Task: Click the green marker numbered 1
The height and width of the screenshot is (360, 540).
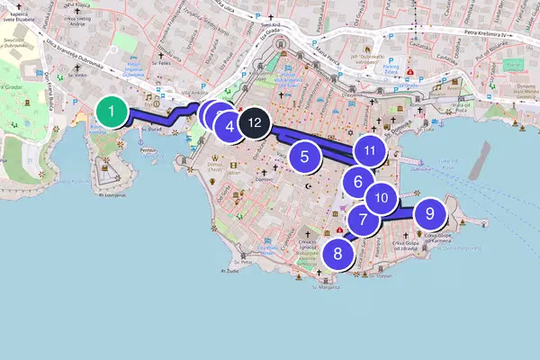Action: point(111,112)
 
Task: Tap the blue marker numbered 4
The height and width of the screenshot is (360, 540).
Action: point(230,127)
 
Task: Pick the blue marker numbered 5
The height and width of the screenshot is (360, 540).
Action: point(305,156)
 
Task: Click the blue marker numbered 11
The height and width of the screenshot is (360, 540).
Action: point(369,150)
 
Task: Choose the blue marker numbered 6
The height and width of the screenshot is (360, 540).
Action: point(358,182)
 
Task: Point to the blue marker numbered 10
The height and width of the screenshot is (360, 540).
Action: point(381,197)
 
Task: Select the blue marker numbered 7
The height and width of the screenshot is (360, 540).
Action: point(363,219)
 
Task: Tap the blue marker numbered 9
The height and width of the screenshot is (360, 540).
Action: point(429,213)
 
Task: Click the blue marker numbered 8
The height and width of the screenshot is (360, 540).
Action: point(337,253)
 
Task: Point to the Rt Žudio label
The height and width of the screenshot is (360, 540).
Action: point(232,270)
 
